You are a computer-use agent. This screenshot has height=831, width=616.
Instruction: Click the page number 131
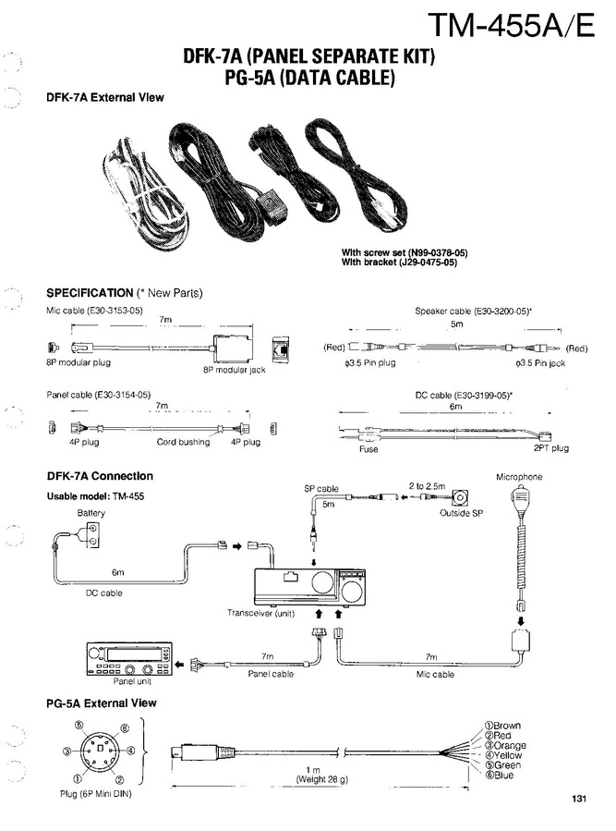pos(579,800)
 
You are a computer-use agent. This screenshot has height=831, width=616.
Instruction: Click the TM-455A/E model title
pos(511,25)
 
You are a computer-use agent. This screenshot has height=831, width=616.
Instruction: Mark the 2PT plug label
pos(550,448)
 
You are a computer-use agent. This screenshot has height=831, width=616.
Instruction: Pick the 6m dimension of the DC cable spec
pos(455,406)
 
